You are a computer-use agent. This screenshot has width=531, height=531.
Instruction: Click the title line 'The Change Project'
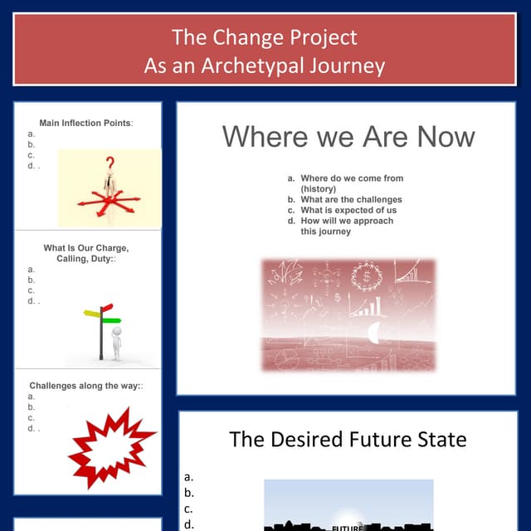[x=265, y=37]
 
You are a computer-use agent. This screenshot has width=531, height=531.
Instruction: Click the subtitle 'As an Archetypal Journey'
[x=265, y=66]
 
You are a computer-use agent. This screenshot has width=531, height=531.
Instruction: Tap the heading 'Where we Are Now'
[x=348, y=137]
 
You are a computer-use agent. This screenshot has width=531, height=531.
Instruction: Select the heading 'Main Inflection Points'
[x=85, y=123]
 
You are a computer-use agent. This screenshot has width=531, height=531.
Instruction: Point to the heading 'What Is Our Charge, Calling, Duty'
[x=85, y=254]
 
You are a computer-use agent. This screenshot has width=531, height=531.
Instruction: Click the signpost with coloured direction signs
[x=103, y=329]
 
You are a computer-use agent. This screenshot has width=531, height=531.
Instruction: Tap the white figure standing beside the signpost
[x=116, y=343]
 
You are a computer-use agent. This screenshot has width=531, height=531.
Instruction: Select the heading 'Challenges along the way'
[x=85, y=386]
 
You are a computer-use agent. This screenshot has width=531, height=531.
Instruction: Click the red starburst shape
[x=110, y=447]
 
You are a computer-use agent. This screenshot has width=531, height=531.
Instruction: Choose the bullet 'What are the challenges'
[x=351, y=200]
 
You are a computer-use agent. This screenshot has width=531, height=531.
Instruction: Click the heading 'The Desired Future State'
[x=348, y=439]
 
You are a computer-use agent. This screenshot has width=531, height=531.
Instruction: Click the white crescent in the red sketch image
[x=374, y=333]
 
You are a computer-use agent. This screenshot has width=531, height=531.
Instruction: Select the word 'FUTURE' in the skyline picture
[x=345, y=527]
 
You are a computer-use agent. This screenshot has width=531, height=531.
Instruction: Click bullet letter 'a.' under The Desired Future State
[x=188, y=477]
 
